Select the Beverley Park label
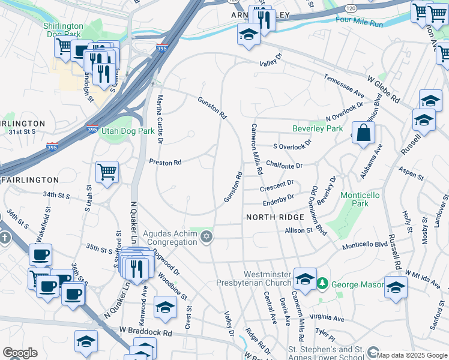[x=317, y=128]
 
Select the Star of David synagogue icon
[x=206, y=238]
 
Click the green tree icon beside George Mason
[x=322, y=283]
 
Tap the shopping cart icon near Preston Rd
[x=107, y=172]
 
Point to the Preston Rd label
[x=165, y=163]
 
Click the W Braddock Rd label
[x=145, y=331]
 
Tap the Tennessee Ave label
[x=344, y=86]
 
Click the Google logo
[x=20, y=353]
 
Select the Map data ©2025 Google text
[x=412, y=355]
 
